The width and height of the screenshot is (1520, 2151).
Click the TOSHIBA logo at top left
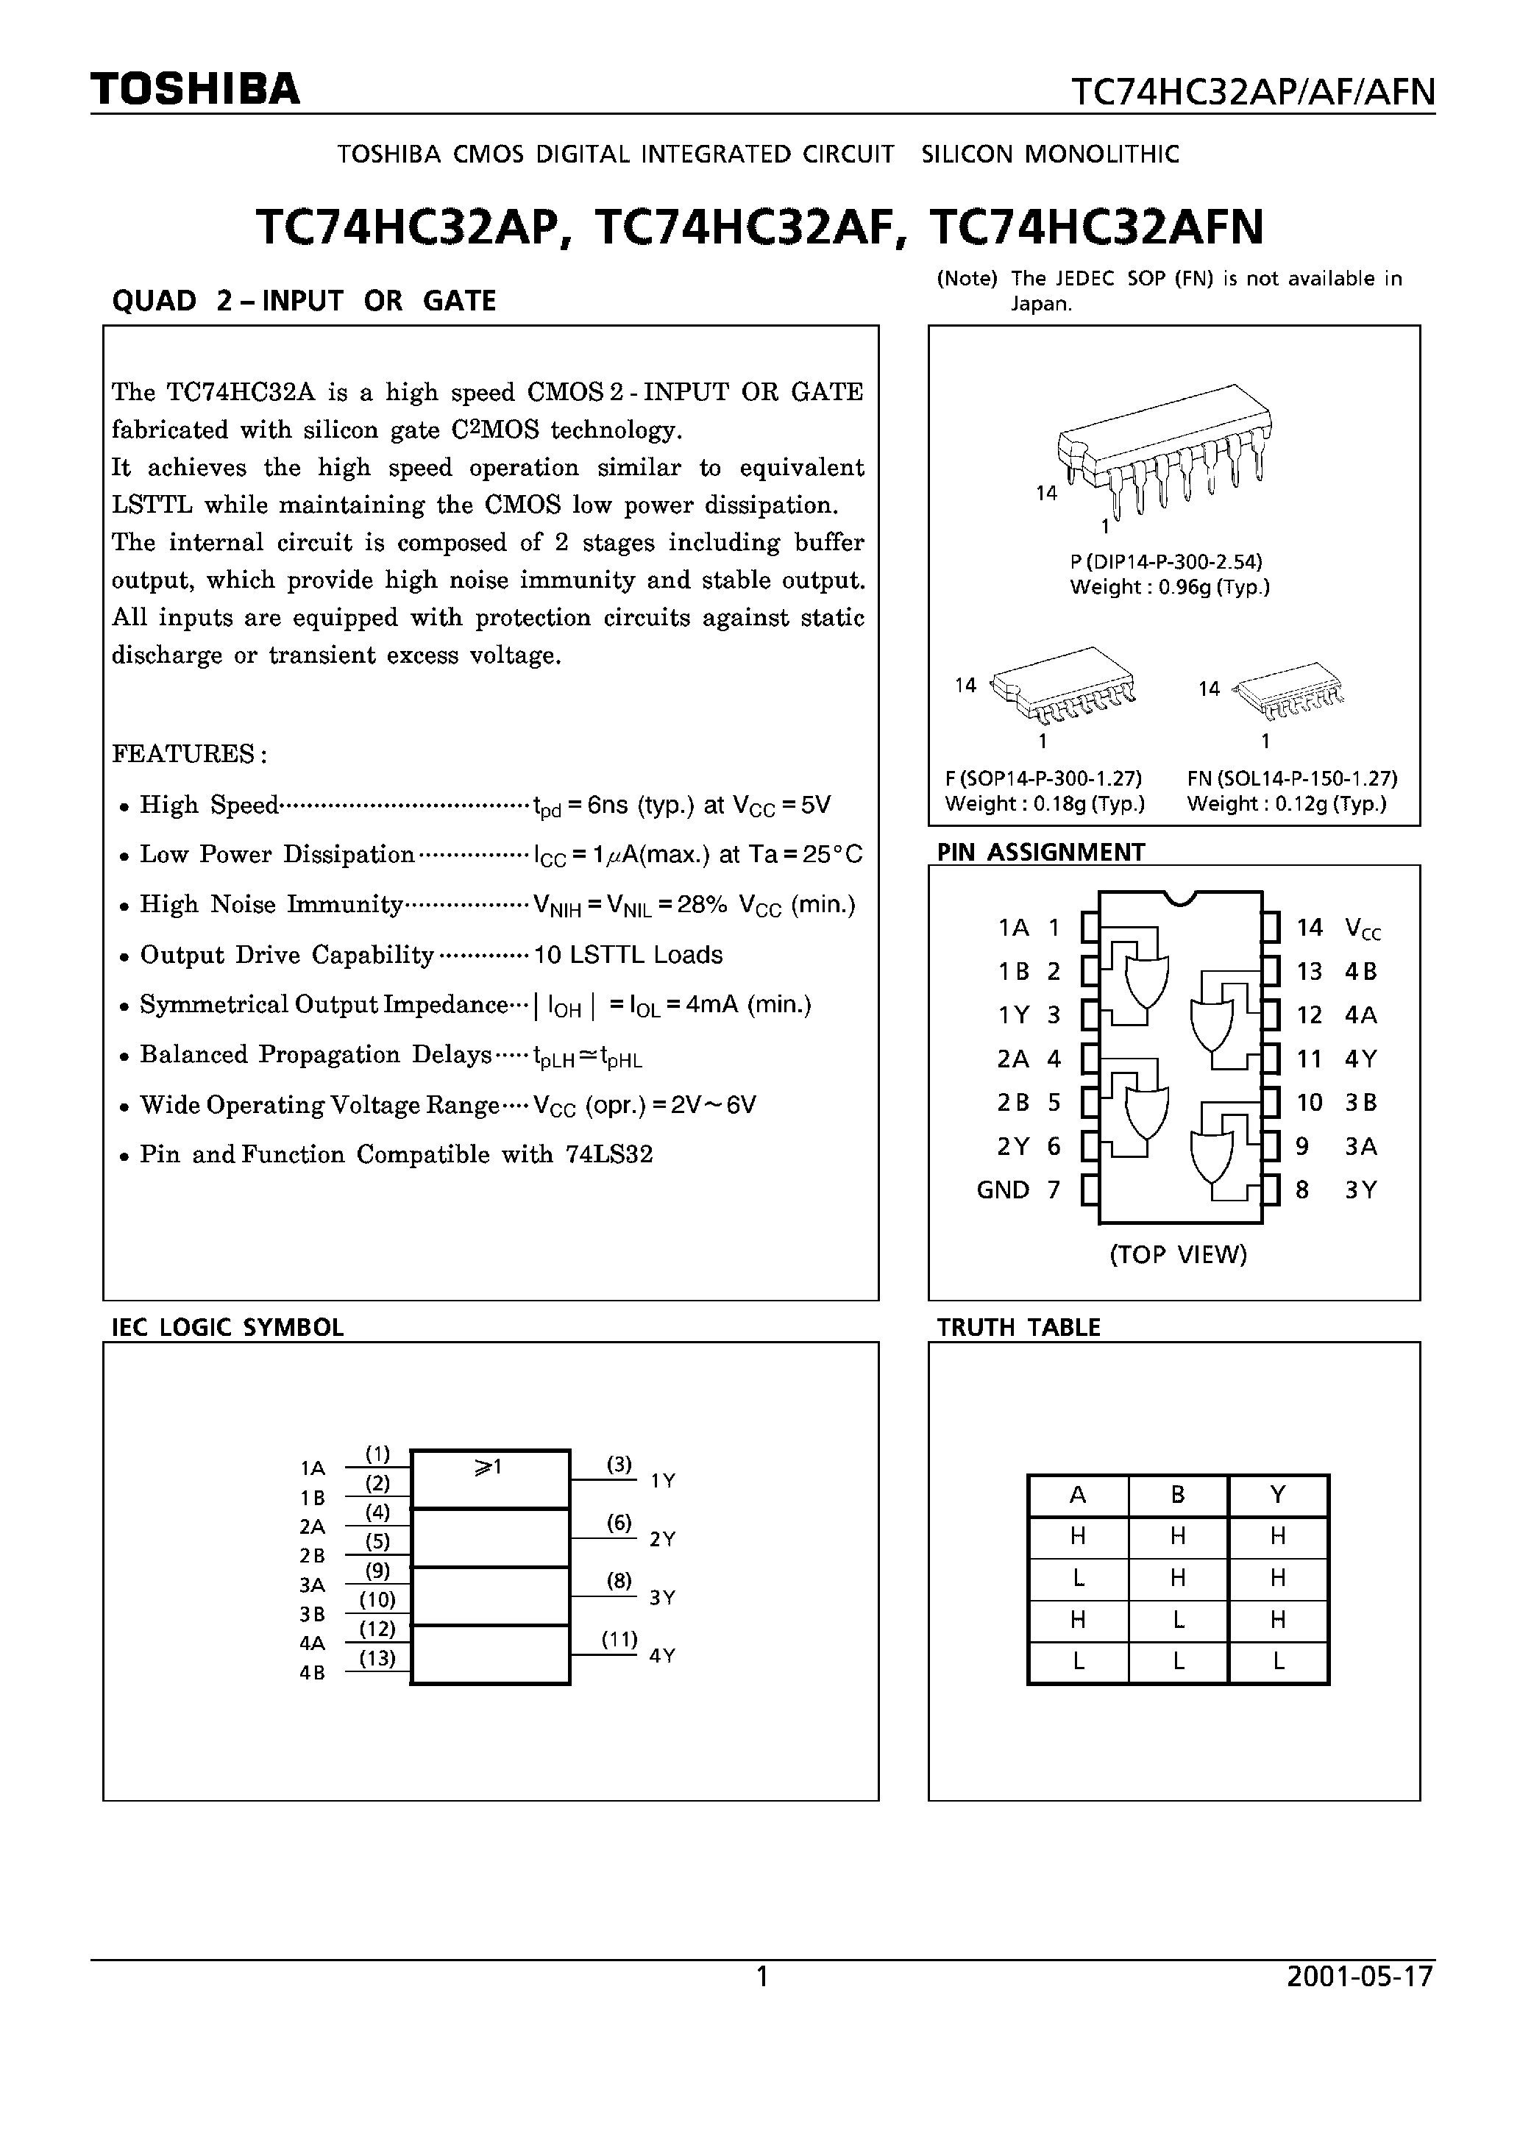[195, 89]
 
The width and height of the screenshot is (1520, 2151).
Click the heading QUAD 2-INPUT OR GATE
[304, 301]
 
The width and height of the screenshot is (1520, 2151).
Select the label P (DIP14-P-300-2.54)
[1166, 562]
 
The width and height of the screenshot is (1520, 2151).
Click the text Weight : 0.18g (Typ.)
[1045, 804]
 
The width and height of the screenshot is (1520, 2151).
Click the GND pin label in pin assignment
[1003, 1190]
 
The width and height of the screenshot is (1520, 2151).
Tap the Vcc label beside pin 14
[1362, 928]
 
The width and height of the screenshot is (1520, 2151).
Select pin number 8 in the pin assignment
[1301, 1190]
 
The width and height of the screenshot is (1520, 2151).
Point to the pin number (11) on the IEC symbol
[619, 1640]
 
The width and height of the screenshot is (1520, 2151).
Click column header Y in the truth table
[1277, 1496]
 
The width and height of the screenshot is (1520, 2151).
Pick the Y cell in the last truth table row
[1277, 1662]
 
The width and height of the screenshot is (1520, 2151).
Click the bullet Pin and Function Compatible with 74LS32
[396, 1154]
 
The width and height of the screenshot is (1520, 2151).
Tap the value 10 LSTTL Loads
[628, 955]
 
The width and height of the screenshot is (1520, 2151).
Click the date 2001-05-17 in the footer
[1360, 1977]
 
